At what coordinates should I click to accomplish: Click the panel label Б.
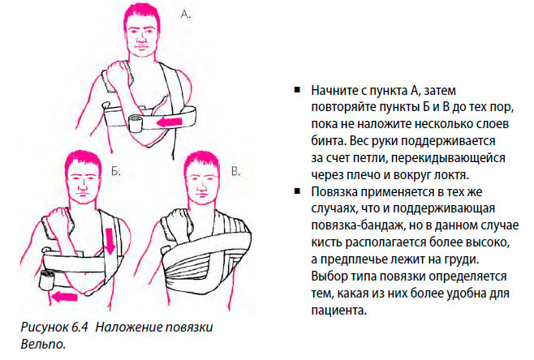pyautogui.click(x=115, y=172)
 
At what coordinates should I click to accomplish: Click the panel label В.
pyautogui.click(x=235, y=173)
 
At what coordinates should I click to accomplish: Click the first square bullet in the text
pyautogui.click(x=297, y=88)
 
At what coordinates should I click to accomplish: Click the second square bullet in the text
pyautogui.click(x=297, y=191)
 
